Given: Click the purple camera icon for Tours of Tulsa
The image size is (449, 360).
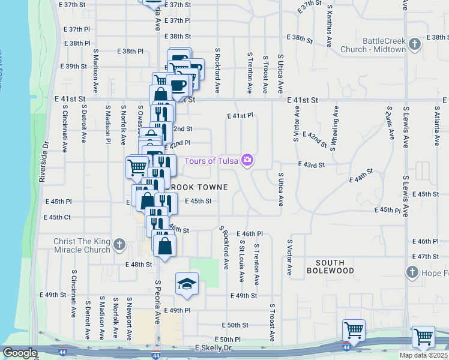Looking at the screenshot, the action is pyautogui.click(x=246, y=160).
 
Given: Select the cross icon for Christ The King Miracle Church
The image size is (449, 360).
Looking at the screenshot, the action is pyautogui.click(x=119, y=244).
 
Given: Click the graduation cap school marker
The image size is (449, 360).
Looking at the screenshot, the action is pyautogui.click(x=187, y=283).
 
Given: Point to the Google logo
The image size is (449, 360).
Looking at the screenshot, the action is pyautogui.click(x=20, y=353).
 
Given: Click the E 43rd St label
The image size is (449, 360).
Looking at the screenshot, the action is pyautogui.click(x=312, y=164).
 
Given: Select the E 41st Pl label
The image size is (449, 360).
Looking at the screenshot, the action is pyautogui.click(x=241, y=115).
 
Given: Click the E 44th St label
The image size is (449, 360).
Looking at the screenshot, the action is pyautogui.click(x=361, y=175).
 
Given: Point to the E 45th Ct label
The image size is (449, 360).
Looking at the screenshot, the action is pyautogui.click(x=60, y=217).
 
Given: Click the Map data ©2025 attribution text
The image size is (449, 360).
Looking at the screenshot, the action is pyautogui.click(x=423, y=355).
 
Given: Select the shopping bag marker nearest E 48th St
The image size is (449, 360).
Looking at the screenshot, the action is pyautogui.click(x=164, y=246).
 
